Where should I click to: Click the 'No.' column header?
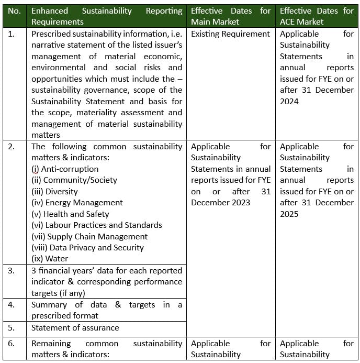click(x=14, y=10)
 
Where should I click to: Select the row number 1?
click(x=12, y=34)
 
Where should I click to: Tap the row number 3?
click(x=12, y=271)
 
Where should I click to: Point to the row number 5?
click(x=12, y=328)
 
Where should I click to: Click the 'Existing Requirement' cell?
click(x=230, y=34)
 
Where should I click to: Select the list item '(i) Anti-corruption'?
click(x=65, y=169)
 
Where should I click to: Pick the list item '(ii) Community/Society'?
click(x=74, y=180)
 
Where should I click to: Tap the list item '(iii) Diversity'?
click(x=54, y=192)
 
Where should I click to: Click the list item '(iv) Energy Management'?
click(x=77, y=203)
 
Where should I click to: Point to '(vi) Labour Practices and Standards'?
click(x=97, y=225)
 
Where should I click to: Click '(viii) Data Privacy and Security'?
click(x=87, y=248)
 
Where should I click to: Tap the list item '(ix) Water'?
click(x=50, y=259)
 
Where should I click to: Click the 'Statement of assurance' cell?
click(x=75, y=328)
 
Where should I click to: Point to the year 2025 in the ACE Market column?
click(x=289, y=214)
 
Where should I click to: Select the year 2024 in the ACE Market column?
click(x=289, y=101)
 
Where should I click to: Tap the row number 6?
click(x=12, y=344)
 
